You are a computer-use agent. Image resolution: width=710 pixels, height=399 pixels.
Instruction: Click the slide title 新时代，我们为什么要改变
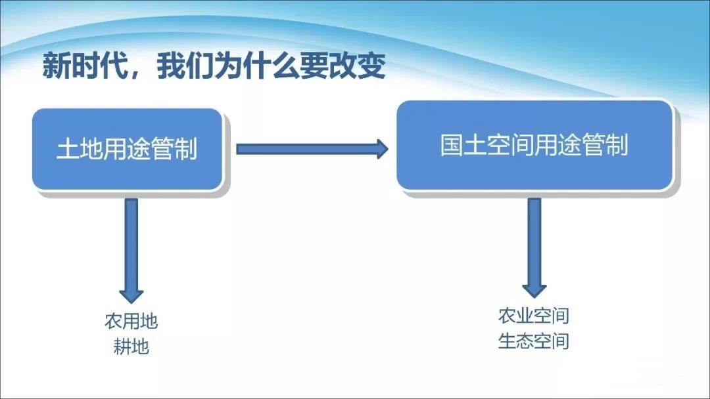[x=214, y=66]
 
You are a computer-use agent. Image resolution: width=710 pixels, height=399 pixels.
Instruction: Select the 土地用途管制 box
[x=127, y=150]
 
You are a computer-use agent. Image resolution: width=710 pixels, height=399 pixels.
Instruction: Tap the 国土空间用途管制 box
[x=534, y=145]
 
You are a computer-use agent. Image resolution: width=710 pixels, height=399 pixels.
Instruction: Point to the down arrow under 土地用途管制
[x=131, y=249]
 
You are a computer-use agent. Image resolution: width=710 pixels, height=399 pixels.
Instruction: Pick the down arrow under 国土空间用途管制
[x=534, y=246]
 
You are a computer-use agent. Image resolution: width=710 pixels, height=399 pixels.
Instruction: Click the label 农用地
[x=131, y=322]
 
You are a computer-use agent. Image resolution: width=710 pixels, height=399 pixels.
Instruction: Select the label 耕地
[x=131, y=346]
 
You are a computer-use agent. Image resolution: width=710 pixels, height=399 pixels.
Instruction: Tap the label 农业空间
[x=533, y=316]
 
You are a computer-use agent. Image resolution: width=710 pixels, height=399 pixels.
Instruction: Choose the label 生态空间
[x=533, y=341]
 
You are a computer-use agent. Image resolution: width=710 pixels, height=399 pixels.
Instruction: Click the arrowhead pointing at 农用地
[x=131, y=293]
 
